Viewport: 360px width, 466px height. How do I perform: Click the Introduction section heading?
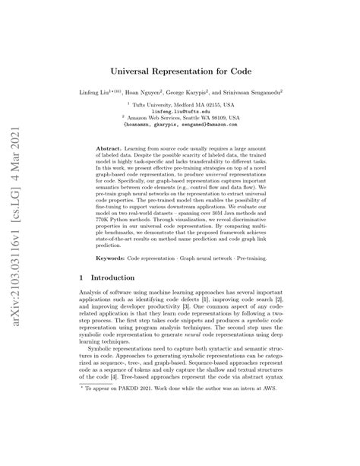pos(121,301)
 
